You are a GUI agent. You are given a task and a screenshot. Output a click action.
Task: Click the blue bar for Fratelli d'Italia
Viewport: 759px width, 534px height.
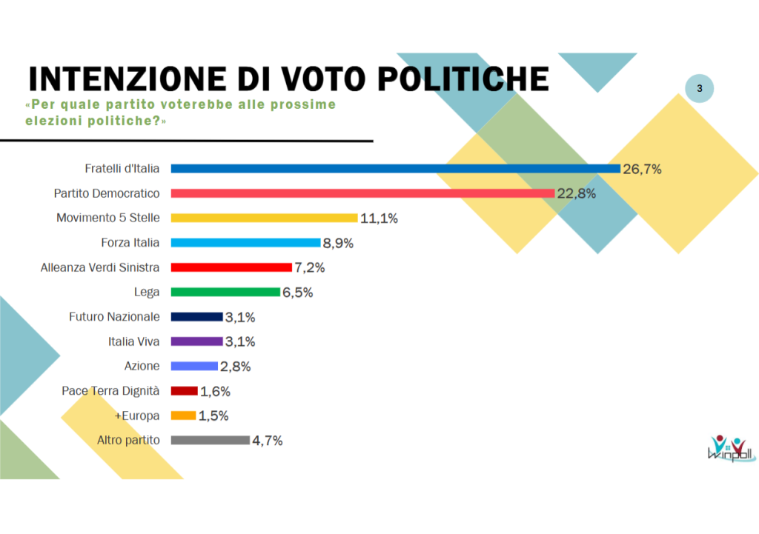click(x=395, y=169)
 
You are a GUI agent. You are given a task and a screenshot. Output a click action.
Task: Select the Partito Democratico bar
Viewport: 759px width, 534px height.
click(x=362, y=193)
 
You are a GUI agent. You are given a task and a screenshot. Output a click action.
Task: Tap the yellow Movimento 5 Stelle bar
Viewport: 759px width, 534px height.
click(x=265, y=218)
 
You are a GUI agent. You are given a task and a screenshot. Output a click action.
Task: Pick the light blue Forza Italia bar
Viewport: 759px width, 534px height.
click(x=245, y=242)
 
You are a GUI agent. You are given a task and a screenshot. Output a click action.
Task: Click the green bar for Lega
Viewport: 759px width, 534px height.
click(x=225, y=292)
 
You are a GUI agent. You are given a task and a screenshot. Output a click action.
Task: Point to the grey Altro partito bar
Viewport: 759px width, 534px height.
click(x=211, y=440)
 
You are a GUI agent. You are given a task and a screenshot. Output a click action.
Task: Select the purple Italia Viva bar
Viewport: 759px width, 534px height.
click(x=196, y=341)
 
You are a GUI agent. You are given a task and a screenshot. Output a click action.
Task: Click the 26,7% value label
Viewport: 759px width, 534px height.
click(x=642, y=169)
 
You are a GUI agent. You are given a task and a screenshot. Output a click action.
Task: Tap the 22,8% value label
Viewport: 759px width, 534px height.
click(x=577, y=193)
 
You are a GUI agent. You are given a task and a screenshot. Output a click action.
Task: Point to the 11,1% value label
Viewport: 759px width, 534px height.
click(x=379, y=218)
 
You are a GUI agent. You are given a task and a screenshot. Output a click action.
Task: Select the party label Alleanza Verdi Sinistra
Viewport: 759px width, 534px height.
click(x=100, y=267)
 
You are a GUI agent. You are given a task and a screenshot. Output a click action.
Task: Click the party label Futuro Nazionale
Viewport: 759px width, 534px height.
click(x=114, y=316)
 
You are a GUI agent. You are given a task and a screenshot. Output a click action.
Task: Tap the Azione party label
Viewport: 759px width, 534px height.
click(x=142, y=366)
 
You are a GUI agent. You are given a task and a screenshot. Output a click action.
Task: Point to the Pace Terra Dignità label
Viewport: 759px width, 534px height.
click(x=110, y=390)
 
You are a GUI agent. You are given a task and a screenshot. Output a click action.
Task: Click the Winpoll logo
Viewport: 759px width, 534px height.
click(x=730, y=447)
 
